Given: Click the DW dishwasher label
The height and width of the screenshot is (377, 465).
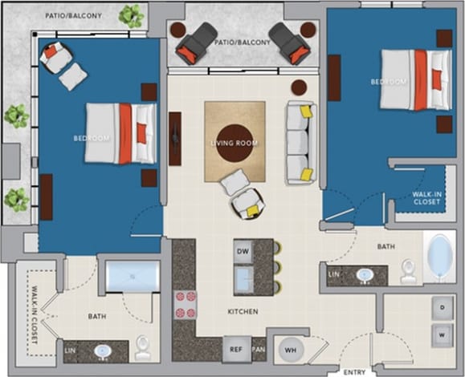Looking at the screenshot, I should pyautogui.click(x=243, y=251).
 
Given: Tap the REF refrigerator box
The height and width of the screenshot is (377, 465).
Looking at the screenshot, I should pyautogui.click(x=235, y=349).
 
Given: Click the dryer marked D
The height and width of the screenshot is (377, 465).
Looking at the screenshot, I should pyautogui.click(x=443, y=307).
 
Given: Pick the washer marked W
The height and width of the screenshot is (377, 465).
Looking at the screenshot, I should pyautogui.click(x=443, y=333).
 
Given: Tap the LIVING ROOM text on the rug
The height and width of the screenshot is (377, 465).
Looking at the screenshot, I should pyautogui.click(x=234, y=144).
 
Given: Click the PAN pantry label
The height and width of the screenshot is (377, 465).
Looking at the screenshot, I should pyautogui.click(x=259, y=350).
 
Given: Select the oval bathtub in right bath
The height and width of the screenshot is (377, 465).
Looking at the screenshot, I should pyautogui.click(x=439, y=257).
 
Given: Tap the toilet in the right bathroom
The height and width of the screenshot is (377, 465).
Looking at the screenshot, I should pyautogui.click(x=408, y=271).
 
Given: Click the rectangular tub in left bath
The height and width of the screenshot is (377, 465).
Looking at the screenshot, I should pyautogui.click(x=133, y=278).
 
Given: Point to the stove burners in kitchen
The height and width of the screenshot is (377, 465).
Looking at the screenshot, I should pyautogui.click(x=186, y=302).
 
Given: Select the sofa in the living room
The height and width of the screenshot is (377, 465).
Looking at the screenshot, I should pyautogui.click(x=300, y=143).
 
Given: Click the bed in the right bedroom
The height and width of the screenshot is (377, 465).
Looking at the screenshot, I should pyautogui.click(x=414, y=79).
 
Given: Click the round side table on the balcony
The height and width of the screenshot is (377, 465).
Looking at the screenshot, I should pyautogui.click(x=308, y=30).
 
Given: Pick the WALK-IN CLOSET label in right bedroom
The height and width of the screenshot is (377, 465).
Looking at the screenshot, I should pyautogui.click(x=426, y=198).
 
